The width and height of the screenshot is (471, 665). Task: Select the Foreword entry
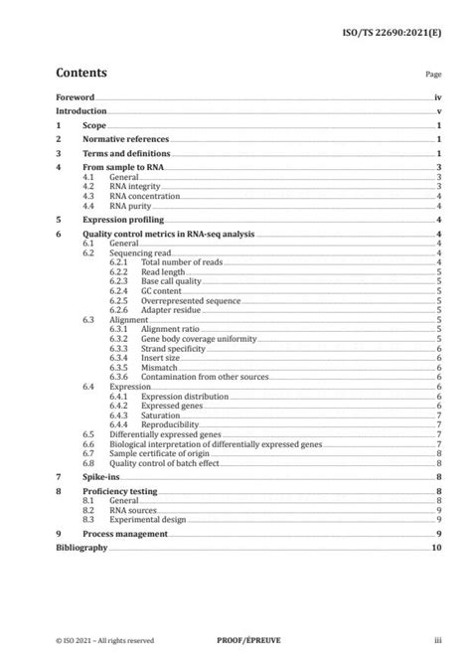[75, 98]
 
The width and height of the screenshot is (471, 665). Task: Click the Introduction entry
[81, 112]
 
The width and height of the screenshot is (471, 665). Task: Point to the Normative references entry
[124, 140]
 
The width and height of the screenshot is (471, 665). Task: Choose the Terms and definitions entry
[126, 155]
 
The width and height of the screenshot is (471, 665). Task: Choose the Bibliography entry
[81, 548]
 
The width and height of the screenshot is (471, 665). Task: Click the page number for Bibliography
[435, 548]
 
